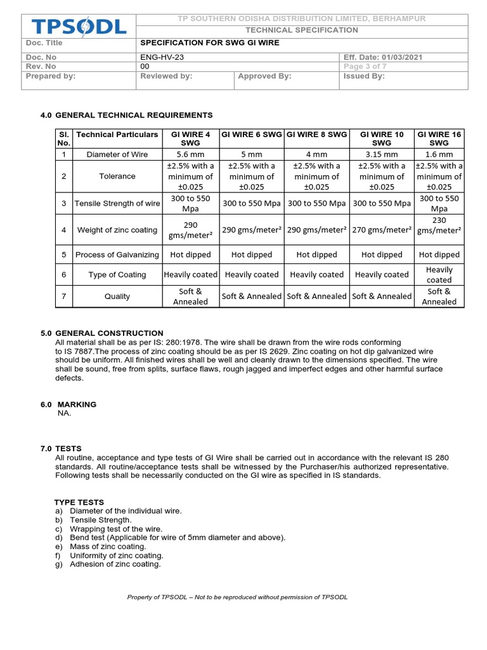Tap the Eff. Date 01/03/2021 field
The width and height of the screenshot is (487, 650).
click(383, 57)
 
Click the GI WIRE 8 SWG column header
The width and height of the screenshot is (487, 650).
click(316, 135)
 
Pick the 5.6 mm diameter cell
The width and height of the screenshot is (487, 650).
click(190, 154)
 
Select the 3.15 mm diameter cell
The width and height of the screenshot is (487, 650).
click(382, 154)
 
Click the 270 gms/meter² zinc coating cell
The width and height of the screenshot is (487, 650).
click(382, 230)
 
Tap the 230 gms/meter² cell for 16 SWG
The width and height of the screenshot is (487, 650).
click(439, 225)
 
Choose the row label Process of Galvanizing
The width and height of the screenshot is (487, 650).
click(117, 255)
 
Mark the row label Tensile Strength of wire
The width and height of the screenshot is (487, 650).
click(117, 204)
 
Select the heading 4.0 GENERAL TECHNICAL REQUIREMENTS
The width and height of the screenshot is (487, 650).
click(126, 115)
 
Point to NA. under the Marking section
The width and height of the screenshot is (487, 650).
click(65, 413)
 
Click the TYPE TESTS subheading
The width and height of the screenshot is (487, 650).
click(79, 502)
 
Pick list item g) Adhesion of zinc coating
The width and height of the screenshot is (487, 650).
click(109, 564)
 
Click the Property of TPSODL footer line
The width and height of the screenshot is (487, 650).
click(237, 597)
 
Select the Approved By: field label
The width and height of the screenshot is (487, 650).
click(264, 76)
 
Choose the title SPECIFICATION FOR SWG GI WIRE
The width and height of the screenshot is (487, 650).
click(209, 43)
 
